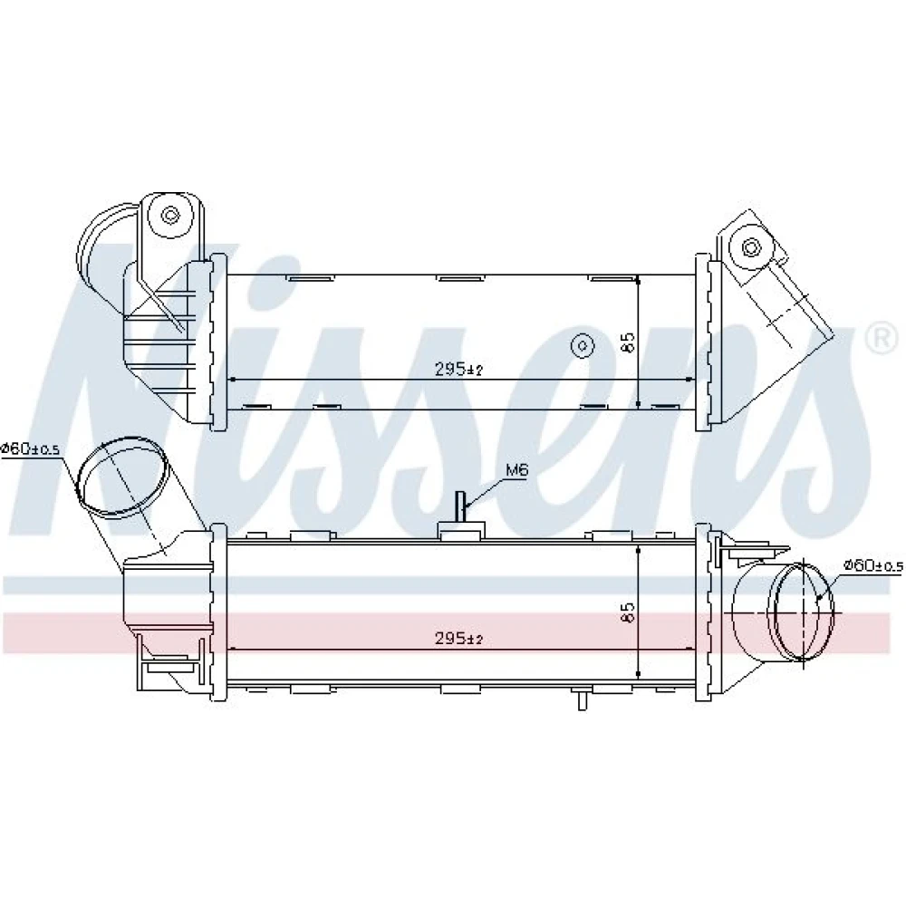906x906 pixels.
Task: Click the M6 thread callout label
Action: tap(516, 470)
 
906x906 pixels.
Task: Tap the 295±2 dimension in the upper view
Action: tap(458, 370)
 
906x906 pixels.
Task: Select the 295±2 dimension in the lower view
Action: tap(458, 639)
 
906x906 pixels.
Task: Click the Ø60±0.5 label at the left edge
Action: tap(31, 449)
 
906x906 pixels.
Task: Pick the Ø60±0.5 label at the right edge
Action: tap(873, 565)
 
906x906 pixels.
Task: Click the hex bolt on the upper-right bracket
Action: tap(750, 248)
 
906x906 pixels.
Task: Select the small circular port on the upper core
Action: tap(583, 345)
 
